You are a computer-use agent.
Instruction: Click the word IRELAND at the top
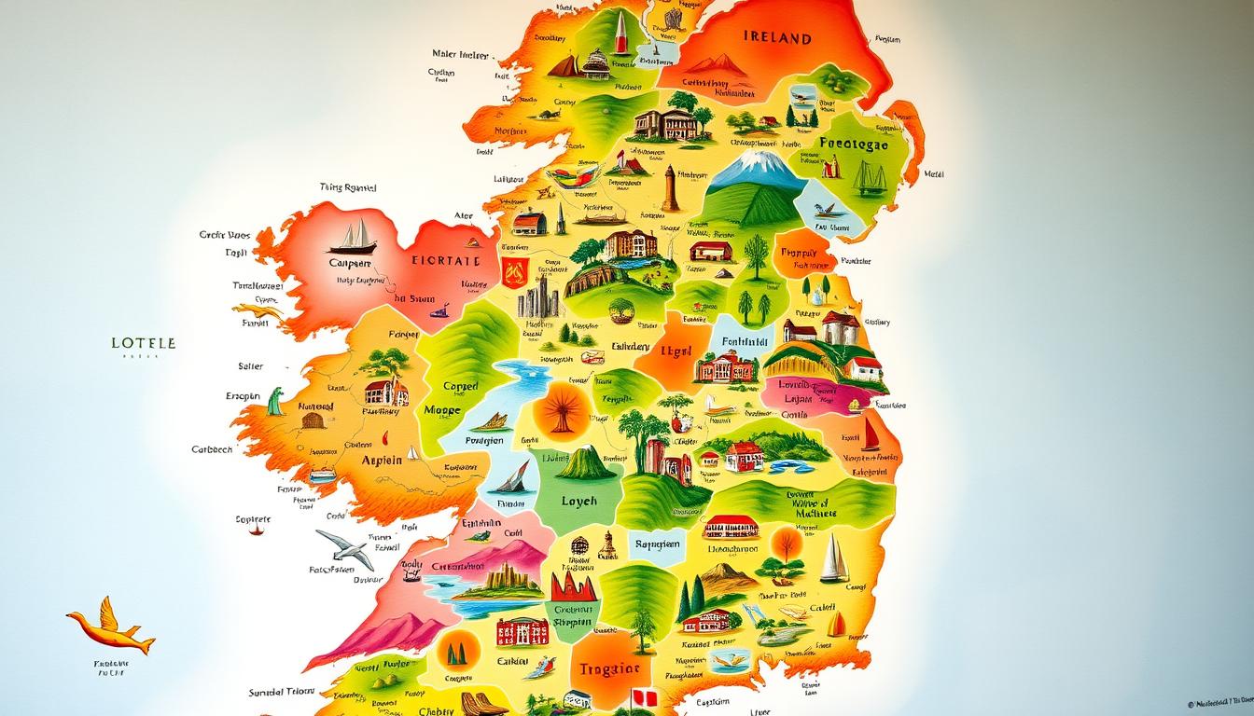tap(777, 38)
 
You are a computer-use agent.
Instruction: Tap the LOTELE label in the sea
tap(143, 343)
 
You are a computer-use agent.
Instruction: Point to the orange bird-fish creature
tap(109, 627)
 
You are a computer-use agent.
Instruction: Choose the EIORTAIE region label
tap(446, 261)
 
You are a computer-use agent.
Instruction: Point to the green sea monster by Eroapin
tap(276, 402)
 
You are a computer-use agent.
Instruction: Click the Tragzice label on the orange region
tap(608, 668)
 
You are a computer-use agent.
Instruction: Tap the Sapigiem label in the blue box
tap(659, 544)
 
